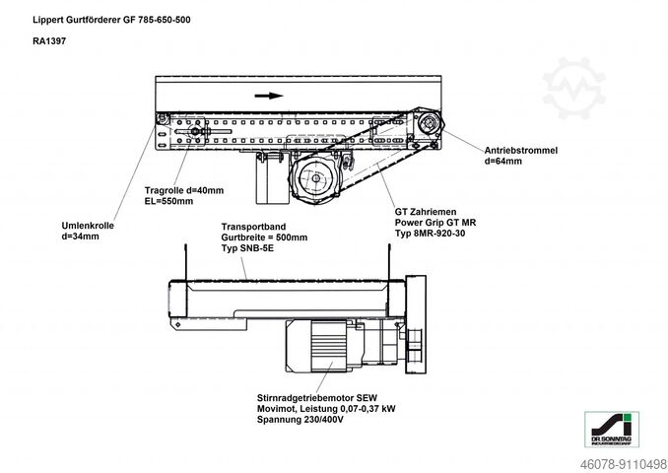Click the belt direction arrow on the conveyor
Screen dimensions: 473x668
pos(267,97)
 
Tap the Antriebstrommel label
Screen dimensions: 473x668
pos(521,150)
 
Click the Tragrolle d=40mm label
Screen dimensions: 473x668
pos(184,189)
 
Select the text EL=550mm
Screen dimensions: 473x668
pos(168,201)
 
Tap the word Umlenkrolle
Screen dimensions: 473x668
pos(87,226)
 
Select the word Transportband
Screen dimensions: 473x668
pos(254,226)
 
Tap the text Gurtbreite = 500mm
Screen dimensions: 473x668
pos(264,237)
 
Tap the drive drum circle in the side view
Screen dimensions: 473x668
pos(430,126)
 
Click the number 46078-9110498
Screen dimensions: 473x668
pos(609,460)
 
